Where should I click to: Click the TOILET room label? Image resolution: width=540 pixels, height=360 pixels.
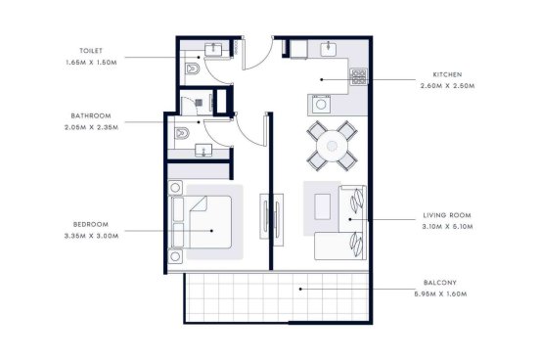pyautogui.click(x=91, y=51)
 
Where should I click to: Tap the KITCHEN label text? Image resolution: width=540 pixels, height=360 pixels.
pyautogui.click(x=447, y=74)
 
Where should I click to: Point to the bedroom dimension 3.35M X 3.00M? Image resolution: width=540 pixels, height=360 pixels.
pyautogui.click(x=91, y=236)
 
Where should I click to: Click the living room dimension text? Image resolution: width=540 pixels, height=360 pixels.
pyautogui.click(x=447, y=227)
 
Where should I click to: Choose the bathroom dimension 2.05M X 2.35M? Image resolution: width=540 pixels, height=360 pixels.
pyautogui.click(x=91, y=127)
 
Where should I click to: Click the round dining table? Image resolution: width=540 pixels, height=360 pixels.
pyautogui.click(x=332, y=146)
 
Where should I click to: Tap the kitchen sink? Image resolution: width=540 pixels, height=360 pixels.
pyautogui.click(x=329, y=49)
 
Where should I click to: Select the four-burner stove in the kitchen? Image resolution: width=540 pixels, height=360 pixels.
pyautogui.click(x=358, y=77)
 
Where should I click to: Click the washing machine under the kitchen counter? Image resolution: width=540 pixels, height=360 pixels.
pyautogui.click(x=321, y=104)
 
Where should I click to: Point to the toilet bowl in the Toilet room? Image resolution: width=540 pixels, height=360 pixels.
pyautogui.click(x=193, y=68)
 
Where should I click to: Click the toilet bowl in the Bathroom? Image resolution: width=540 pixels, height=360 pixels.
pyautogui.click(x=182, y=133)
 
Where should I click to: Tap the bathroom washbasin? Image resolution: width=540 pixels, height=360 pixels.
pyautogui.click(x=203, y=151)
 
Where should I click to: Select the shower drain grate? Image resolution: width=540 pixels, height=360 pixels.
pyautogui.click(x=200, y=103)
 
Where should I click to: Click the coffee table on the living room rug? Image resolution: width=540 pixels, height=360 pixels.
pyautogui.click(x=323, y=206)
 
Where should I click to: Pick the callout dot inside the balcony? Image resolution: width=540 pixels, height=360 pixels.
pyautogui.click(x=300, y=289)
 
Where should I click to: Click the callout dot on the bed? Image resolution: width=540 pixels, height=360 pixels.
pyautogui.click(x=211, y=231)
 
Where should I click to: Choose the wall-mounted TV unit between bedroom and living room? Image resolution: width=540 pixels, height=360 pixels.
pyautogui.click(x=272, y=220)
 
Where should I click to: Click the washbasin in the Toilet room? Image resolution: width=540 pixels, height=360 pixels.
pyautogui.click(x=214, y=49)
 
